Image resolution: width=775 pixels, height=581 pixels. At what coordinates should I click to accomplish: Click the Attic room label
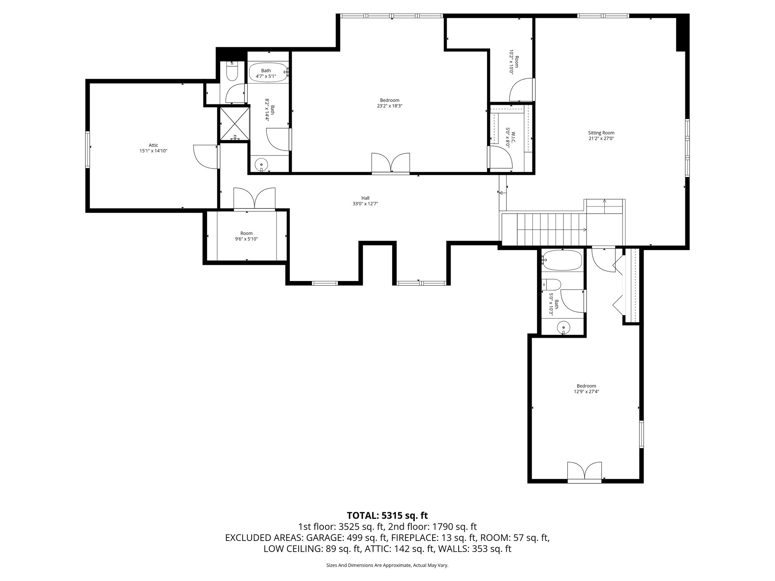click(x=153, y=145)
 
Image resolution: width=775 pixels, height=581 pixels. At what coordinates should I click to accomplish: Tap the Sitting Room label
click(x=601, y=133)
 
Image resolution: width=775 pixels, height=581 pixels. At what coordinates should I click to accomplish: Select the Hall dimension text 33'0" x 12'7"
click(x=365, y=204)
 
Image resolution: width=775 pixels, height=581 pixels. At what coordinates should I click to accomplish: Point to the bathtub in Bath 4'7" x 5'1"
click(x=268, y=72)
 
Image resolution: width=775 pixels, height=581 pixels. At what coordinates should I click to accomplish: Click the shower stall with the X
click(x=235, y=124)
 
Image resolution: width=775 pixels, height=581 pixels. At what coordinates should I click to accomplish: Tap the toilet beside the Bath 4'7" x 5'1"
click(x=232, y=72)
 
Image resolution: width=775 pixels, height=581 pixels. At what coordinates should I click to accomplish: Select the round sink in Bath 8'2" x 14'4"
click(x=261, y=165)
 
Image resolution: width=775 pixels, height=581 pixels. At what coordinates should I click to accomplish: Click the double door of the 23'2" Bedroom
click(x=391, y=163)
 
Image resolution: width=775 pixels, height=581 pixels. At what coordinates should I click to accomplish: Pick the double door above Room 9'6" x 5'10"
click(x=254, y=199)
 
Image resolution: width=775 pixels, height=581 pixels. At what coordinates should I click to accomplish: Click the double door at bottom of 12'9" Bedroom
click(x=584, y=472)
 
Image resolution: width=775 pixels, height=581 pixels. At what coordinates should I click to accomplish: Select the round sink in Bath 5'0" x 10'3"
click(x=563, y=327)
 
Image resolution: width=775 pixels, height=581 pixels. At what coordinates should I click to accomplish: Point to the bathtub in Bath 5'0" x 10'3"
click(x=562, y=260)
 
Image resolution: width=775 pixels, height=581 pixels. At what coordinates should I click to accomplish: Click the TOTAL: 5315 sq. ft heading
click(x=387, y=516)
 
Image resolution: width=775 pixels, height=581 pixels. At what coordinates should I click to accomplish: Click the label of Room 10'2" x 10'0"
click(x=513, y=64)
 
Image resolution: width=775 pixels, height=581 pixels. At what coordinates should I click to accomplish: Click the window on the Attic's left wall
click(x=88, y=149)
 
